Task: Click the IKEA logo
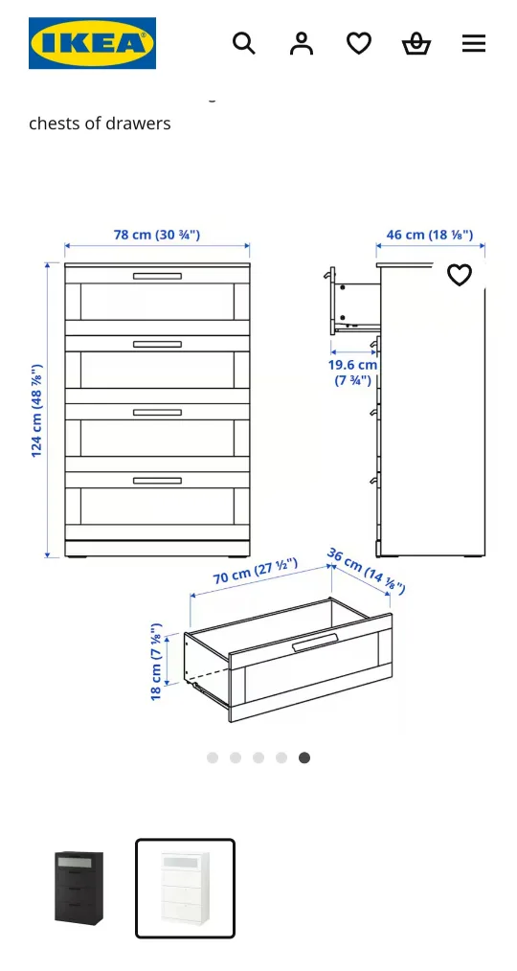pos(92,43)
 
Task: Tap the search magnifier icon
pos(244,43)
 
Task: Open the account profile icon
pos(302,43)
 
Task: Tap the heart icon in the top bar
pos(359,43)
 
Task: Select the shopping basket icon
pos(416,43)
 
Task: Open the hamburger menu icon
pos(474,43)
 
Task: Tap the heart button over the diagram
pos(460,275)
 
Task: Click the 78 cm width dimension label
pos(157,235)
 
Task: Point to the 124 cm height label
pos(36,410)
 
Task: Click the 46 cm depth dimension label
pos(430,235)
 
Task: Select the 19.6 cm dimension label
pos(352,373)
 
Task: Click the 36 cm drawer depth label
pos(367,571)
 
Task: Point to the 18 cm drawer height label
pos(156,662)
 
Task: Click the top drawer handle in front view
pos(157,276)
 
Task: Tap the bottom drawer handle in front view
pos(157,481)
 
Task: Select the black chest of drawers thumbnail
pos(79,888)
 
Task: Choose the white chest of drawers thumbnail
pos(185,888)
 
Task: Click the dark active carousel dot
pos(304,757)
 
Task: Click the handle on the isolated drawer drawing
pos(315,642)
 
